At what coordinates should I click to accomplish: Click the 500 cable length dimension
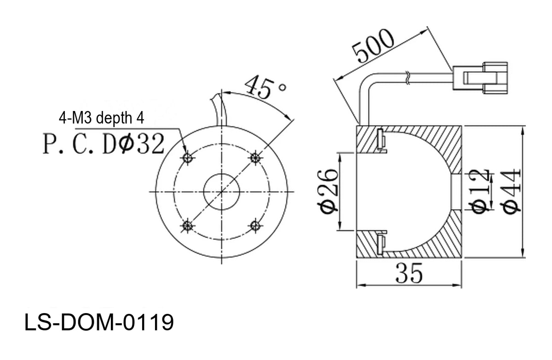pos(373,46)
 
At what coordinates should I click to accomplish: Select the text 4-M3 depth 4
pos(101,118)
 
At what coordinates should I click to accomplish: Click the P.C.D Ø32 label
pos(103,144)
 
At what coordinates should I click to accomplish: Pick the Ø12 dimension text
pos(481,192)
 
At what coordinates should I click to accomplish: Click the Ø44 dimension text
pos(512,192)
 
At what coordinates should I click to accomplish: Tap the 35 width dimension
pos(409,273)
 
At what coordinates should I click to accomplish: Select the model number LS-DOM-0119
pos(99,322)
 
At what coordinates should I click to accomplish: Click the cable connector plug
pos(480,78)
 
